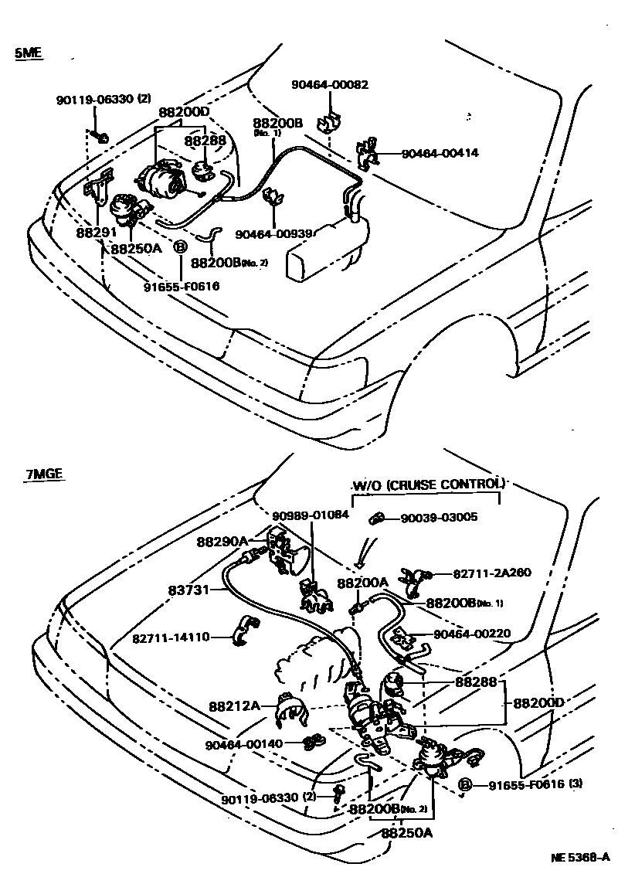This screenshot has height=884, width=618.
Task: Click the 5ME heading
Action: (x=28, y=53)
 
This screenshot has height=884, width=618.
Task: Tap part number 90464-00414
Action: (x=439, y=153)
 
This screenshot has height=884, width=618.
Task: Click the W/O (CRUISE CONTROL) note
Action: (x=428, y=484)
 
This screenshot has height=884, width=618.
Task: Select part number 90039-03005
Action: (x=439, y=518)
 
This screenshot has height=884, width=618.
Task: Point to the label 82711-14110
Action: (x=170, y=638)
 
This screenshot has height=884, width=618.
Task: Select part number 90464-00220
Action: (x=470, y=634)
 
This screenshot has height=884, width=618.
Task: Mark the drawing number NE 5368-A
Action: (x=580, y=858)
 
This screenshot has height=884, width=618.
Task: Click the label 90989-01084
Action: (x=310, y=515)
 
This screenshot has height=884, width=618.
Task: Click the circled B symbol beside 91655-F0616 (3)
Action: (x=465, y=785)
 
